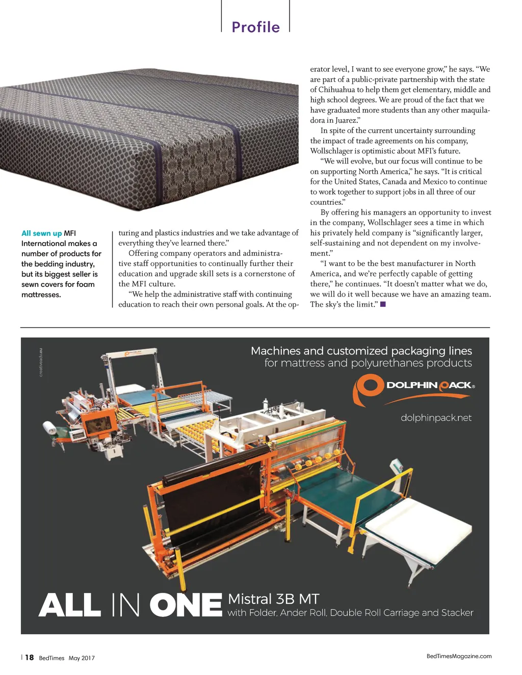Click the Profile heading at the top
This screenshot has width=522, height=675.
pyautogui.click(x=255, y=27)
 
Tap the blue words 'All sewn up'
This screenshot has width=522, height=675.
pyautogui.click(x=41, y=233)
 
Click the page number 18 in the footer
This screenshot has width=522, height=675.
pyautogui.click(x=30, y=657)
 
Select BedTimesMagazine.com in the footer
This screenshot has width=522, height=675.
pyautogui.click(x=459, y=656)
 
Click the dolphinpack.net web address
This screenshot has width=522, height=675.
pyautogui.click(x=436, y=418)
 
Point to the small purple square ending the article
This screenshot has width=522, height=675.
pyautogui.click(x=383, y=305)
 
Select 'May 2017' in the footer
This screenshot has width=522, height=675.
pyautogui.click(x=82, y=658)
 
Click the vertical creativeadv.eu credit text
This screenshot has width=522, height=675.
pyautogui.click(x=41, y=362)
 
